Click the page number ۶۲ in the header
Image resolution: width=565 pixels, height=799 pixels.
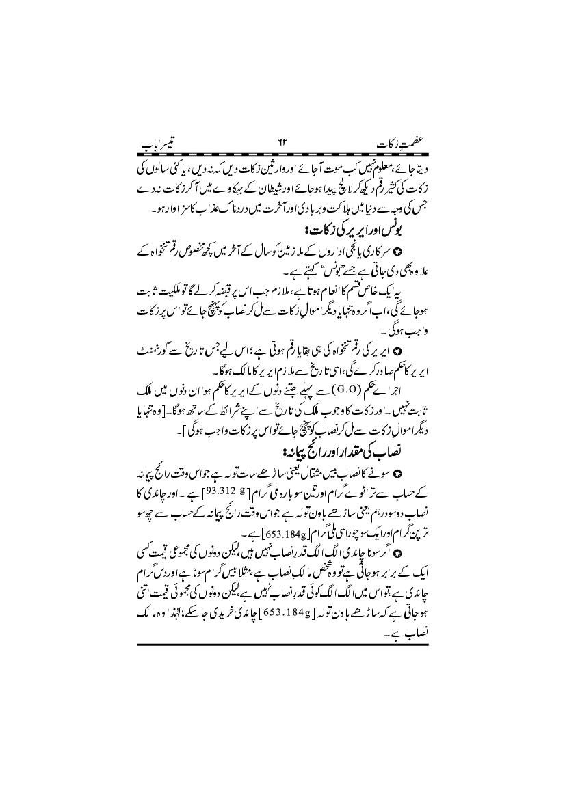[x=282, y=146]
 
